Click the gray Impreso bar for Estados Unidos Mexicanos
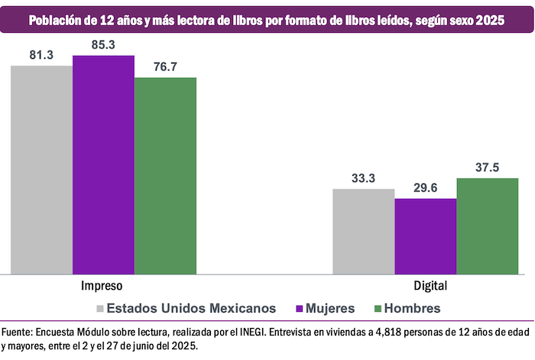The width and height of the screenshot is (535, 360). (41, 169)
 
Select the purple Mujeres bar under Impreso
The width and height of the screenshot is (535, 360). (103, 164)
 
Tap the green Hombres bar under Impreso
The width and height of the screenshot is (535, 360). (165, 175)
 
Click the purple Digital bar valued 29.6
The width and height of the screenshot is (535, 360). (426, 235)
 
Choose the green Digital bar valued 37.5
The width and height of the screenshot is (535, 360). (488, 225)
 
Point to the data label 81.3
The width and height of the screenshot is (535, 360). (41, 56)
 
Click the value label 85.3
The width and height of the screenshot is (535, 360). (102, 45)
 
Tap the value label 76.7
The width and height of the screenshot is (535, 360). (164, 67)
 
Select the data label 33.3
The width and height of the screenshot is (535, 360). (363, 179)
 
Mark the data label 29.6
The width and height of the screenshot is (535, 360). (425, 189)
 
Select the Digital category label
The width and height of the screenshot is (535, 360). (426, 285)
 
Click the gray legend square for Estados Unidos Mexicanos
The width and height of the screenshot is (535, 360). (99, 309)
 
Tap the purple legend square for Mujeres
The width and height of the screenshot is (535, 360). (299, 309)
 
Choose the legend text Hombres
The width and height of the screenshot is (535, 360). (413, 309)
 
